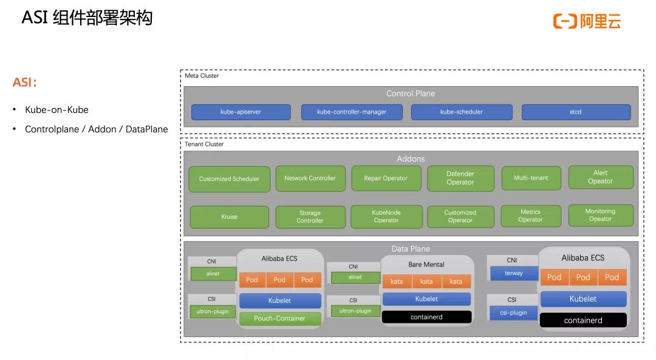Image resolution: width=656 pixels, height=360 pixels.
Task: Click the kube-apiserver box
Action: [240, 112]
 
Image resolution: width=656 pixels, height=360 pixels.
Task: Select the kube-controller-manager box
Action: [352, 112]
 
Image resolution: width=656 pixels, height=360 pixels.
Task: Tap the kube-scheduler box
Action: [462, 112]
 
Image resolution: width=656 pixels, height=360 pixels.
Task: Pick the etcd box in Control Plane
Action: [575, 112]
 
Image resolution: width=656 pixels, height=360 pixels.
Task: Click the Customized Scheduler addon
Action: [229, 179]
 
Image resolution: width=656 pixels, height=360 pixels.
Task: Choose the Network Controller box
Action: [310, 178]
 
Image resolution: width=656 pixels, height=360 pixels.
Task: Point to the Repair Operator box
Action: [386, 178]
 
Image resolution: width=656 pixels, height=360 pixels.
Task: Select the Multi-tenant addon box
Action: [530, 178]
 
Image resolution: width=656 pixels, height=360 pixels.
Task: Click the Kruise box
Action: [229, 217]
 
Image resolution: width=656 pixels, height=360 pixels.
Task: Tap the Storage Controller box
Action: [310, 217]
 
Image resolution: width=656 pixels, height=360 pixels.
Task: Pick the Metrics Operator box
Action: [530, 216]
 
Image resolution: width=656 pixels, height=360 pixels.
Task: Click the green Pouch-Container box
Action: [279, 318]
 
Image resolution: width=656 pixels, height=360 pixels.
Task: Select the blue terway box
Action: [513, 274]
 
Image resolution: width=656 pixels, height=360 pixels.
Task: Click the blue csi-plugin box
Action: [513, 313]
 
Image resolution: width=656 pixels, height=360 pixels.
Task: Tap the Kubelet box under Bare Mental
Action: [426, 299]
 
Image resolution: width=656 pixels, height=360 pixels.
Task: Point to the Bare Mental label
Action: [426, 265]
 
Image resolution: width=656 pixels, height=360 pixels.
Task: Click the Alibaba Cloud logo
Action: [587, 21]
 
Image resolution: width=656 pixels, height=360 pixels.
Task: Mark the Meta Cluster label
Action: [202, 76]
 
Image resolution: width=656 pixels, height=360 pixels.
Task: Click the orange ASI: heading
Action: [25, 82]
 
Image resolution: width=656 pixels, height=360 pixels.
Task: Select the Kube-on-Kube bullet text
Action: [56, 110]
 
